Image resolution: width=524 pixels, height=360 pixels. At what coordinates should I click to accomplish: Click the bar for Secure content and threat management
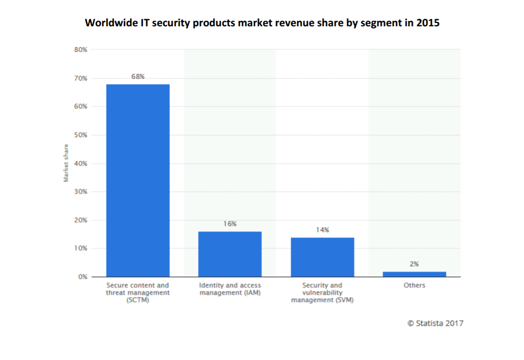[x=138, y=180]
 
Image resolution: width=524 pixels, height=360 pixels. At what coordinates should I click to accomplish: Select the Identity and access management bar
[x=230, y=254]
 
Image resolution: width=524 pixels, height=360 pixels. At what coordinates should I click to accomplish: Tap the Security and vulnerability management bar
[x=322, y=257]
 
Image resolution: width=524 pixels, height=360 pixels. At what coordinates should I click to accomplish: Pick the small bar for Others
[x=414, y=274]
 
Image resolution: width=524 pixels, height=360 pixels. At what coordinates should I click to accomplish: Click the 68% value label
[x=138, y=77]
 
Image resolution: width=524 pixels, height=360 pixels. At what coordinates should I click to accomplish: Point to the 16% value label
[x=230, y=224]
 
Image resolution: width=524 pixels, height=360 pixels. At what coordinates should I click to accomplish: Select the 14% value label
[x=322, y=230]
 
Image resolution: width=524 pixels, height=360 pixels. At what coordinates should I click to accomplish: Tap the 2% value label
[x=414, y=264]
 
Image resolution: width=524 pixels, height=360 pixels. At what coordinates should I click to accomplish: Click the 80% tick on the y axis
[x=81, y=50]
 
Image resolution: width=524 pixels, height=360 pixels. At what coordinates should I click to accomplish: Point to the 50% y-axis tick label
[x=81, y=135]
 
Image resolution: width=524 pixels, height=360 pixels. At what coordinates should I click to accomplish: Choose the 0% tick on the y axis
[x=82, y=277]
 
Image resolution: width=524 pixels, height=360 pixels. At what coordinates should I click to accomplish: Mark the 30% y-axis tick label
[x=81, y=192]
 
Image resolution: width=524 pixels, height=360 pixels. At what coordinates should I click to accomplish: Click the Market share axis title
[x=66, y=163]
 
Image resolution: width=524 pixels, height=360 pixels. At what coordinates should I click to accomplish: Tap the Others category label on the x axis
[x=414, y=285]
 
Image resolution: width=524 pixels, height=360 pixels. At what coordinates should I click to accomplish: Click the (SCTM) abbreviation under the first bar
[x=138, y=300]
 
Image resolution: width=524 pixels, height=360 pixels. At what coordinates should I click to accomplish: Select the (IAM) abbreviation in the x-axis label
[x=251, y=293]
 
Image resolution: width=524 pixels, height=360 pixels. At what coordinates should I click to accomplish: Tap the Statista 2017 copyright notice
[x=435, y=323]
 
